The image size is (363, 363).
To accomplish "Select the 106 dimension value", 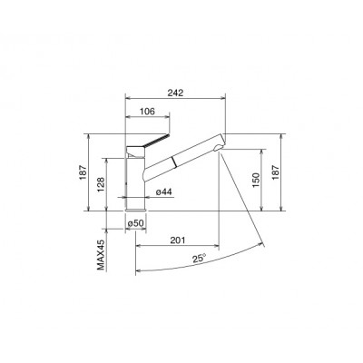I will [x=144, y=113].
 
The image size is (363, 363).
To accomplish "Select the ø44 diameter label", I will [x=164, y=192].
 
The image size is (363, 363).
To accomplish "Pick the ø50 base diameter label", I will [x=136, y=222].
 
